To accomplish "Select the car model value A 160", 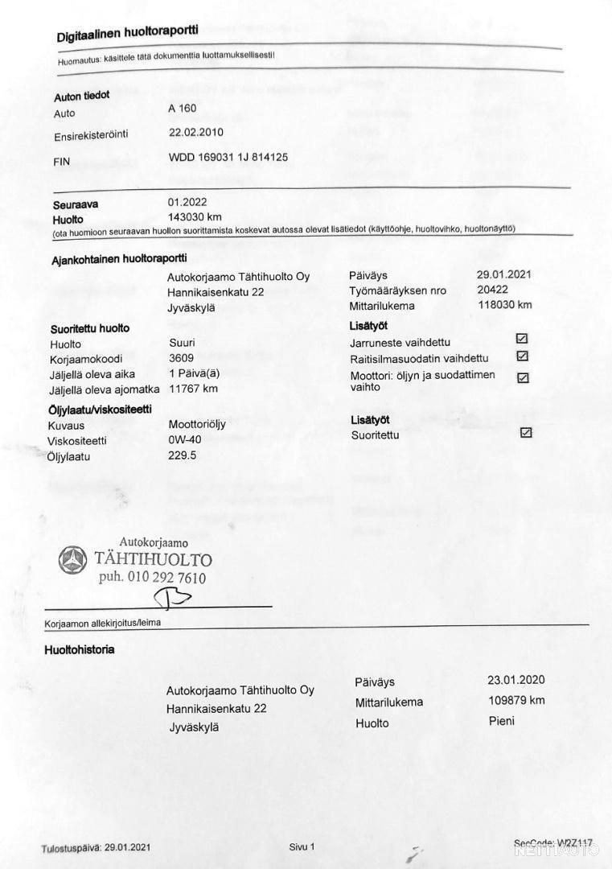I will click(183, 109).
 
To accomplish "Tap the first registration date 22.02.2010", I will click(196, 132).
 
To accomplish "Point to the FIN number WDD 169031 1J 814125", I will click(228, 158).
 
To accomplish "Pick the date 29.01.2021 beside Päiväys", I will click(503, 274).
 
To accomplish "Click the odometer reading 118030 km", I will click(504, 305).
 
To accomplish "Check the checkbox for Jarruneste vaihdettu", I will click(522, 339).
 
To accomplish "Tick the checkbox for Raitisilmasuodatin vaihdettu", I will click(522, 356).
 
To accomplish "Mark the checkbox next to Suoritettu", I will click(526, 432).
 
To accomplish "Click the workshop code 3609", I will click(181, 359).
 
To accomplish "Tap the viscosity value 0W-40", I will click(186, 440).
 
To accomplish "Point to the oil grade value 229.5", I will click(183, 455).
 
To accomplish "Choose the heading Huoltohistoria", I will click(79, 649).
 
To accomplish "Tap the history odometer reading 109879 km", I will click(516, 700).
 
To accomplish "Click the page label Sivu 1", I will click(302, 846).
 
